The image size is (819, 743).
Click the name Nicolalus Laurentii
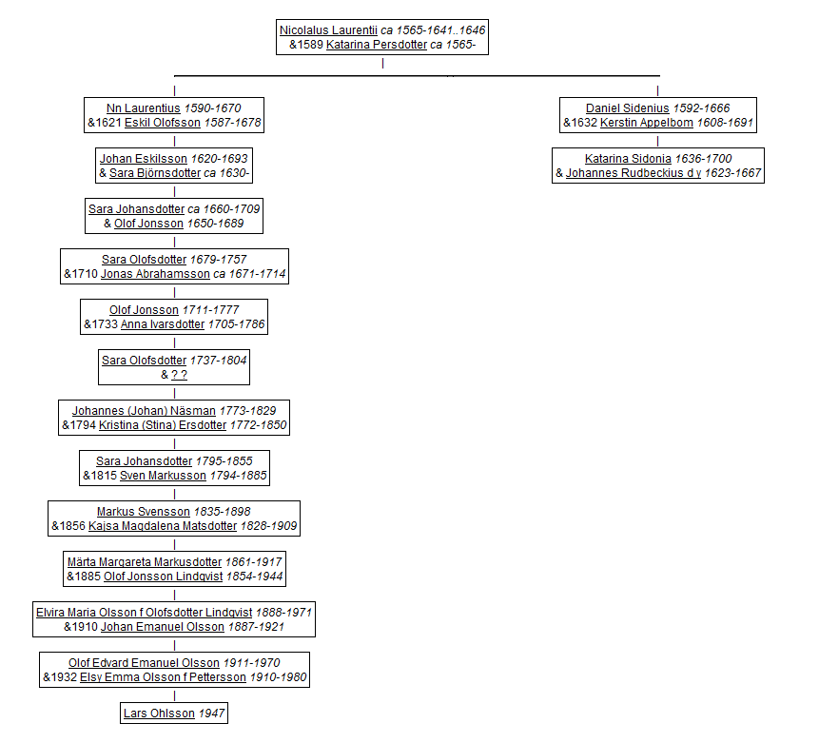point(328,30)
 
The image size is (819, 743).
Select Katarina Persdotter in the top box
point(377,45)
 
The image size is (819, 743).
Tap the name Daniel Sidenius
point(627,108)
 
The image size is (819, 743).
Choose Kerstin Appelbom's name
point(647,123)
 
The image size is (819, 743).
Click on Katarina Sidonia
point(628,158)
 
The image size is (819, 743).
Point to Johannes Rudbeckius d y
point(634,173)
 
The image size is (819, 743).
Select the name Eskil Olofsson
point(163,123)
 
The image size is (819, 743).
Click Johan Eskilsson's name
point(144,158)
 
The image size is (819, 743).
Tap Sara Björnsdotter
point(155,173)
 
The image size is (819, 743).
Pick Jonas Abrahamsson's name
point(155,274)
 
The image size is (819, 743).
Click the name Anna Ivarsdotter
point(163,324)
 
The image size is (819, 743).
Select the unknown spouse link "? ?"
point(179,375)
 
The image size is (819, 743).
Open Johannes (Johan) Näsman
point(144,411)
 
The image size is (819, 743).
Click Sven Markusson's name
point(163,476)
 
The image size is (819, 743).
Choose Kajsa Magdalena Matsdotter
point(163,526)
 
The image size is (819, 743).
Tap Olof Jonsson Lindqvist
point(164,577)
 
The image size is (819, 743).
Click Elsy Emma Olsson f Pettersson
point(163,677)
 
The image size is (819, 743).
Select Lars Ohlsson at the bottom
point(159,714)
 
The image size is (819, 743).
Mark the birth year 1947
point(211,714)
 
